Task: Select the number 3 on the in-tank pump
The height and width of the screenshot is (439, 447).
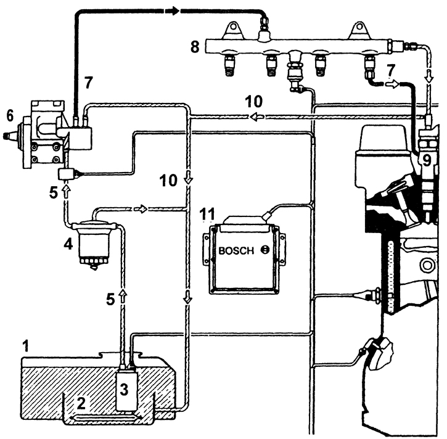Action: (x=125, y=388)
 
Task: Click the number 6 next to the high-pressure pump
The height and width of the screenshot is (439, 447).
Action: (x=9, y=116)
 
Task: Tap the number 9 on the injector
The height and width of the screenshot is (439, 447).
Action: (x=425, y=160)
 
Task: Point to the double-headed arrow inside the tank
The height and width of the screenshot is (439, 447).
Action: (x=105, y=419)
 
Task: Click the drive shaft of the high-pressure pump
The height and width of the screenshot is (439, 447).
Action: (x=10, y=133)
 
